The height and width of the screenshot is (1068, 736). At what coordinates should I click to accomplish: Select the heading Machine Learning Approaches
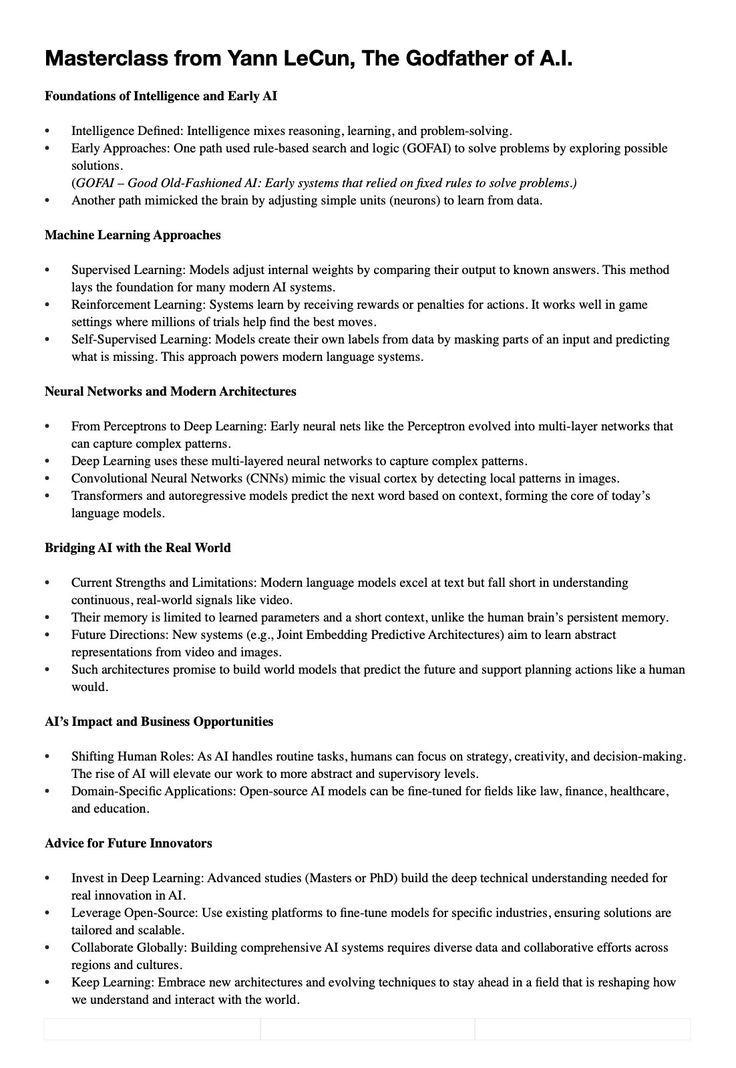tap(132, 235)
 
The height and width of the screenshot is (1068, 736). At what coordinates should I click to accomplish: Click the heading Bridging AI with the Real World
tap(138, 548)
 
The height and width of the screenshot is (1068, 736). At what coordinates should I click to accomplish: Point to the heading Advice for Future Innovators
tap(128, 843)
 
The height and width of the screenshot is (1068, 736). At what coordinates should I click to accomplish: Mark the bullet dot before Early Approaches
tap(47, 148)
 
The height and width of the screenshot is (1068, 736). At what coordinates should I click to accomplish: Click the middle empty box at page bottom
tap(367, 1029)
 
